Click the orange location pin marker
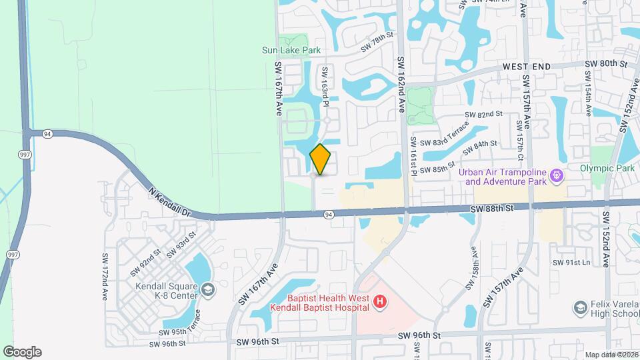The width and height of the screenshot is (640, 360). pyautogui.click(x=321, y=160)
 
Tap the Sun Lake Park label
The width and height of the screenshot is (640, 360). pyautogui.click(x=291, y=50)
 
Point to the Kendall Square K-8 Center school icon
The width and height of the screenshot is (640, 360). pyautogui.click(x=209, y=289)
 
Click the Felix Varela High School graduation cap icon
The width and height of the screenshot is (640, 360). pyautogui.click(x=579, y=307)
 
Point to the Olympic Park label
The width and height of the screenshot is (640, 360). pyautogui.click(x=607, y=169)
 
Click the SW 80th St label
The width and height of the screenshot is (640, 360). pyautogui.click(x=606, y=63)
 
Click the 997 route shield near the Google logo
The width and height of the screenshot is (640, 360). pyautogui.click(x=13, y=255)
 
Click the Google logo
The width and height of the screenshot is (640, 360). pyautogui.click(x=22, y=352)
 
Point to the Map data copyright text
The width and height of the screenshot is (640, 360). pyautogui.click(x=610, y=355)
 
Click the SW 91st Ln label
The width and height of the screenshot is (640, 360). pyautogui.click(x=571, y=263)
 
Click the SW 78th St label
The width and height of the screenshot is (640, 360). pyautogui.click(x=378, y=45)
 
